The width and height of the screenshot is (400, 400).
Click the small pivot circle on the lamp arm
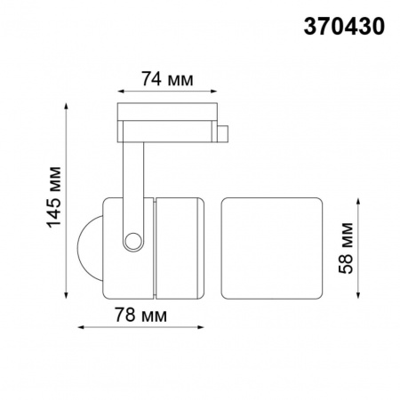pos(133,240)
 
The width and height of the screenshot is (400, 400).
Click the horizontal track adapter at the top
pos(169,123)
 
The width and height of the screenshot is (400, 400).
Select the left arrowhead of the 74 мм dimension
pos(121,91)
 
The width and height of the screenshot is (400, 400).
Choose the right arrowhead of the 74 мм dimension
pos(217,91)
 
